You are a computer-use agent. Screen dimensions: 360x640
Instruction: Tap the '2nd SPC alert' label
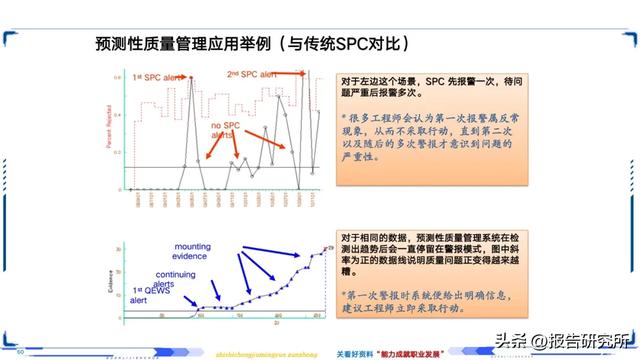tap(251, 74)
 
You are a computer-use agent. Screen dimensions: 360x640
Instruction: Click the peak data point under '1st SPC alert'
tap(191, 78)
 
